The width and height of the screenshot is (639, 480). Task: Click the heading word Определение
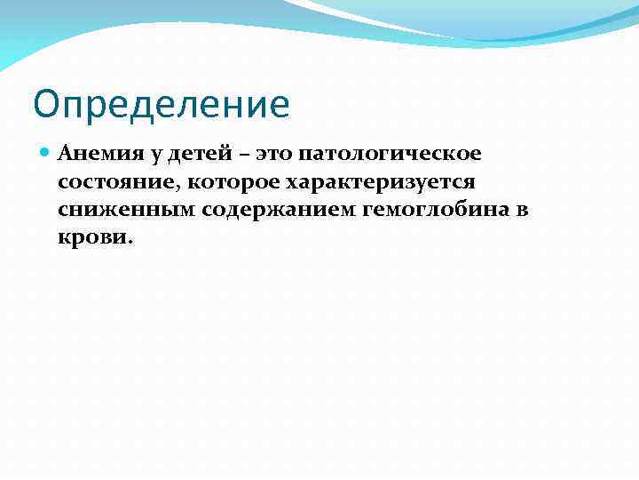click(x=162, y=105)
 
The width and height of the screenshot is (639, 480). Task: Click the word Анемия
click(x=91, y=154)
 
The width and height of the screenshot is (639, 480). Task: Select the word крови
click(x=91, y=239)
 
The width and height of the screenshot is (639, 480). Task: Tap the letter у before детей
click(x=153, y=156)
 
